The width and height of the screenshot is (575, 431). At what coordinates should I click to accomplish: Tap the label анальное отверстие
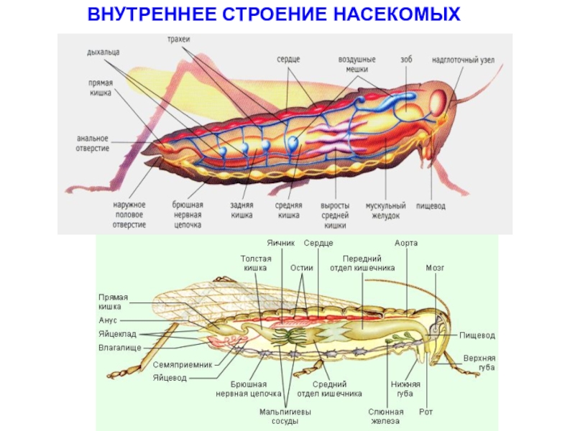click(93, 143)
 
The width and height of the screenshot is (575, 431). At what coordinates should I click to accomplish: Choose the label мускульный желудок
click(385, 210)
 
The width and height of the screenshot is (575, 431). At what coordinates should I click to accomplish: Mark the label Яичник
click(281, 244)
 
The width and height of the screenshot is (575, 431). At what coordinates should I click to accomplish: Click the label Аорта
click(406, 244)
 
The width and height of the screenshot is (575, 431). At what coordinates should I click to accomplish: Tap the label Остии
click(302, 267)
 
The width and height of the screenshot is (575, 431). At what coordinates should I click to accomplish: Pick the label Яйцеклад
click(117, 334)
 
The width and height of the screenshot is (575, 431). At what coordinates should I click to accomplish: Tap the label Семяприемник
click(183, 364)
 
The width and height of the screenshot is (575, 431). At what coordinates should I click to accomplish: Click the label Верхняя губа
click(479, 362)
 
